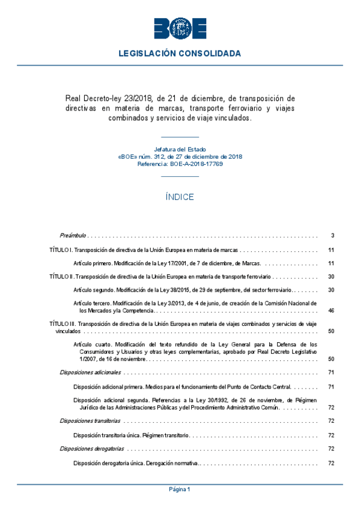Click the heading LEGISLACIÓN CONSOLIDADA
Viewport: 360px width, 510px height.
point(180,54)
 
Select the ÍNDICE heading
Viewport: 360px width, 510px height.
point(180,197)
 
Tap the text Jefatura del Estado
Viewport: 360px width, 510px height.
point(180,149)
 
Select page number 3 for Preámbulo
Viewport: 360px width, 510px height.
point(332,235)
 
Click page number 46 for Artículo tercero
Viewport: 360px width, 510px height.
point(331,311)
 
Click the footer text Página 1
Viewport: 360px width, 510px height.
point(180,490)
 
